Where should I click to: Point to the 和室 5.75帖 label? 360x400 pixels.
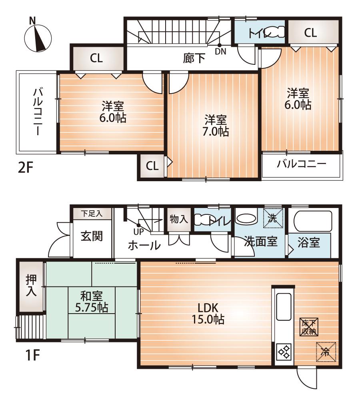pyautogui.click(x=92, y=302)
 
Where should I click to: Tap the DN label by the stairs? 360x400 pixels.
pyautogui.click(x=220, y=52)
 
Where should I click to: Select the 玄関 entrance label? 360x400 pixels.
pyautogui.click(x=92, y=236)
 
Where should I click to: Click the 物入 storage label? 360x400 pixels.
pyautogui.click(x=179, y=219)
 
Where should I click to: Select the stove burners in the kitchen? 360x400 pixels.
pyautogui.click(x=284, y=352)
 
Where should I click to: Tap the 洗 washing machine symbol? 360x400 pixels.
pyautogui.click(x=273, y=218)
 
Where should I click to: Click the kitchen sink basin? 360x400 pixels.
pyautogui.click(x=284, y=304)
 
